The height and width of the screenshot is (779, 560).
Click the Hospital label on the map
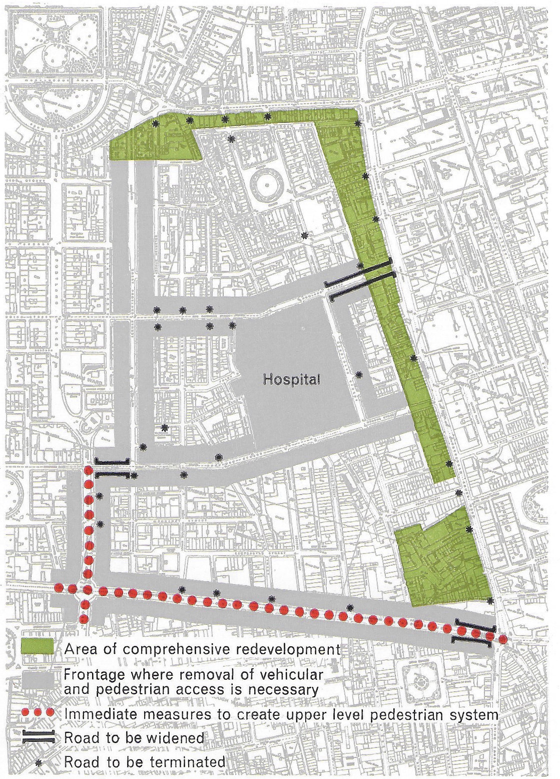[x=291, y=379]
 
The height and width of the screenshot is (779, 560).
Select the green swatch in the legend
[x=38, y=646]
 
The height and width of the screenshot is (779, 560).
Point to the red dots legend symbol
[x=38, y=711]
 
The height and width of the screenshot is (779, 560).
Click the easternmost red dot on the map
[x=502, y=640]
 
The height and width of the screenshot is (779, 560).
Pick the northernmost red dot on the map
[x=89, y=470]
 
